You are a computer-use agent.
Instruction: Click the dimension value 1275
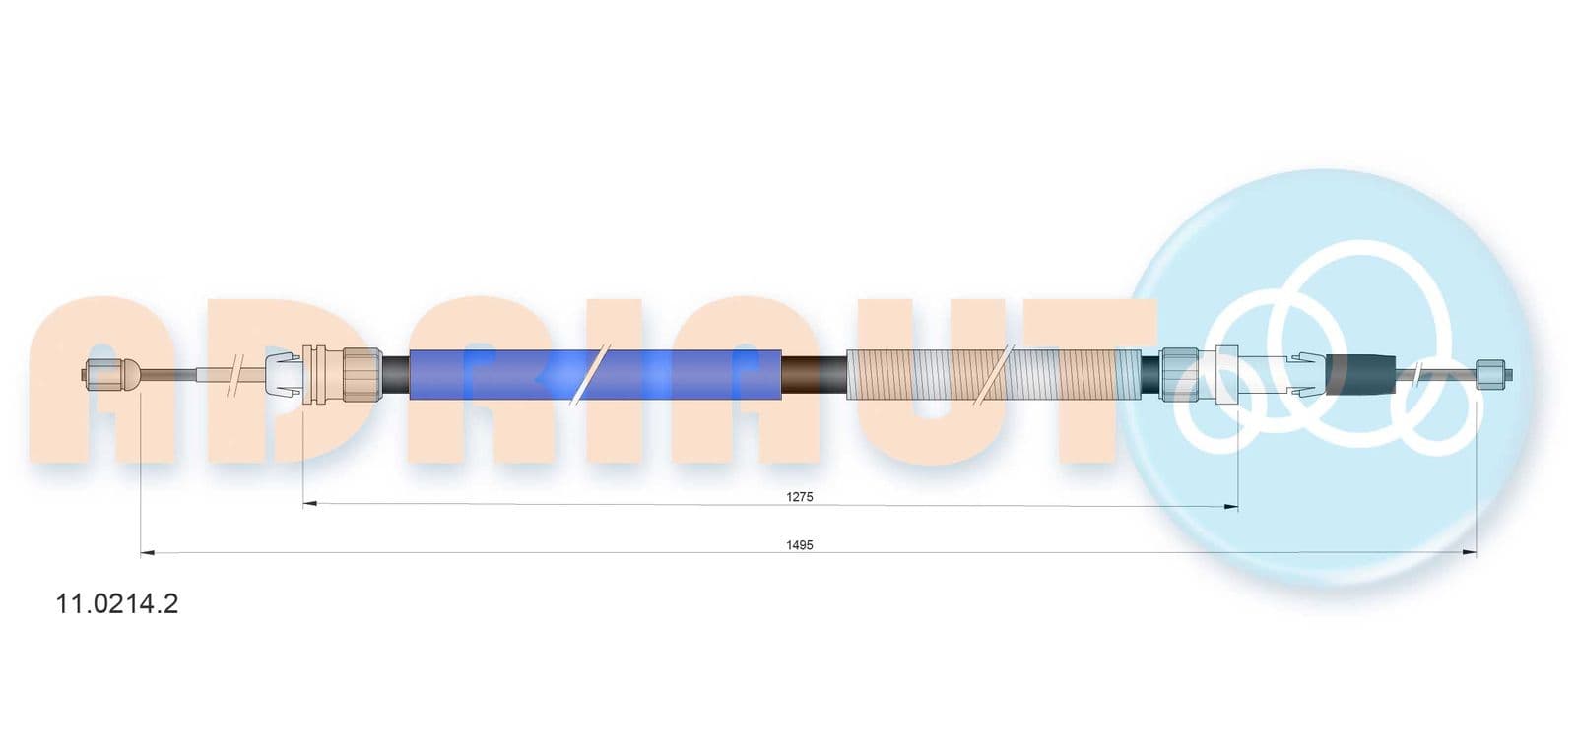click(799, 497)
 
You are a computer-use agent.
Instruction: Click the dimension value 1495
click(799, 544)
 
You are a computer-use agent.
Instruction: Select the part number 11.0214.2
click(117, 603)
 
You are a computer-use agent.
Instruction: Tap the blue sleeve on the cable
click(595, 374)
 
